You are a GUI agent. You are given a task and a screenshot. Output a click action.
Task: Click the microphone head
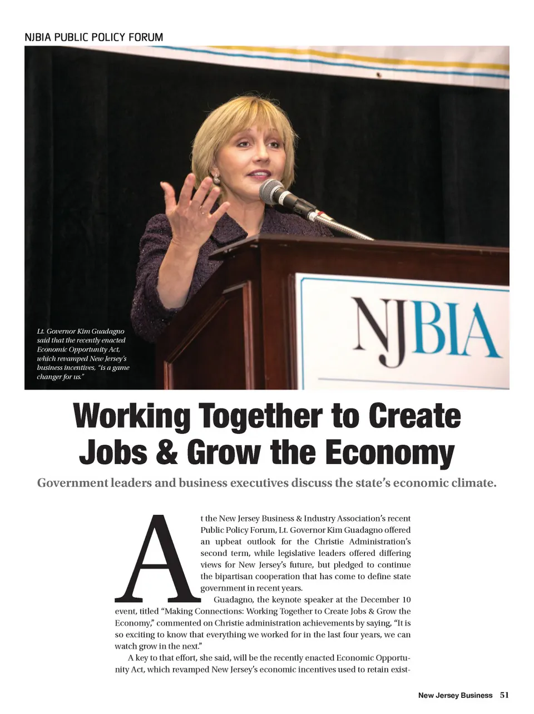click(x=273, y=191)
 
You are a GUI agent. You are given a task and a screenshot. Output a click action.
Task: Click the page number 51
click(x=505, y=695)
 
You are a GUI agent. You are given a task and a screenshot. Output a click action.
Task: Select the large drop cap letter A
click(x=157, y=559)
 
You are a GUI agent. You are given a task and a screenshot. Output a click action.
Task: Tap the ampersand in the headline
click(x=166, y=452)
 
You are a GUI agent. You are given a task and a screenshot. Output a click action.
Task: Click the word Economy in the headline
click(x=390, y=452)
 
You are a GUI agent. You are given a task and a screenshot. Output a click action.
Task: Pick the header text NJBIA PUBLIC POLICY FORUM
click(x=94, y=38)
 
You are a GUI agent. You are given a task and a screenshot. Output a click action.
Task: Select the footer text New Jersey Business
click(x=455, y=695)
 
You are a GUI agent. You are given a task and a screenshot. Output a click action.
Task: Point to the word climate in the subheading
click(x=469, y=483)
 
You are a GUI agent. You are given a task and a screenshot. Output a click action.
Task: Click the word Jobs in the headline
click(x=112, y=452)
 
